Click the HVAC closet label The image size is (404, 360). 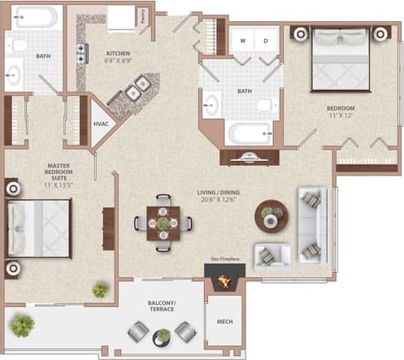click(102, 124)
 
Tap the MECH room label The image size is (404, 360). click(225, 322)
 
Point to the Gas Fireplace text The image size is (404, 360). click(226, 258)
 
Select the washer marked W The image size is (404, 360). click(242, 40)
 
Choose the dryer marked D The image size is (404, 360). click(265, 40)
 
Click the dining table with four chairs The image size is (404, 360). click(163, 223)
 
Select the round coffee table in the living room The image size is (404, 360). click(271, 215)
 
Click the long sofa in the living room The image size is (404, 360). click(311, 224)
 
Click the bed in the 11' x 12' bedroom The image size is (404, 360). click(341, 59)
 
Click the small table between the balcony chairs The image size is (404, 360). click(163, 334)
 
